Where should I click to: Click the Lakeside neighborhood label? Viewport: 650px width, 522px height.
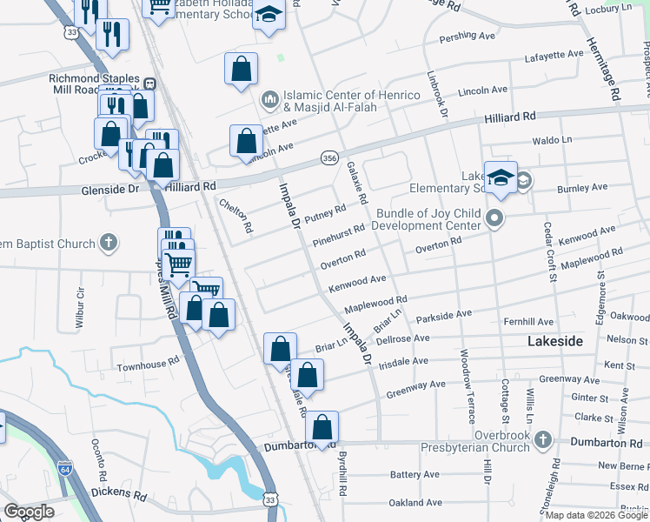pyautogui.click(x=555, y=342)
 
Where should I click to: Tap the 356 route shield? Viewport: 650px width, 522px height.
pyautogui.click(x=328, y=157)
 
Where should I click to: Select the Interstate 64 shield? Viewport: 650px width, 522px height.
pyautogui.click(x=65, y=468)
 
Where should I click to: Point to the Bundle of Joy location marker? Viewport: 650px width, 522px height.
pyautogui.click(x=495, y=217)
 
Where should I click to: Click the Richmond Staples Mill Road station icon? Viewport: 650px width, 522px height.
pyautogui.click(x=150, y=84)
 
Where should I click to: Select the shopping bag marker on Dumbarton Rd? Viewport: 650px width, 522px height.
pyautogui.click(x=322, y=427)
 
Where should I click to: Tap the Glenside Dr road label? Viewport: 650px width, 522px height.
pyautogui.click(x=109, y=188)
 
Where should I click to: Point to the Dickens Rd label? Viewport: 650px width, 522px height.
pyautogui.click(x=118, y=496)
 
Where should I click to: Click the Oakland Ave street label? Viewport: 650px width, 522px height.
pyautogui.click(x=415, y=502)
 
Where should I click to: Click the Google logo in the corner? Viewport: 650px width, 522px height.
pyautogui.click(x=29, y=512)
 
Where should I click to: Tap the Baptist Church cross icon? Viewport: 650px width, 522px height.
pyautogui.click(x=108, y=242)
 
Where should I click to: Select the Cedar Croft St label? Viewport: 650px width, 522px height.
pyautogui.click(x=549, y=252)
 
